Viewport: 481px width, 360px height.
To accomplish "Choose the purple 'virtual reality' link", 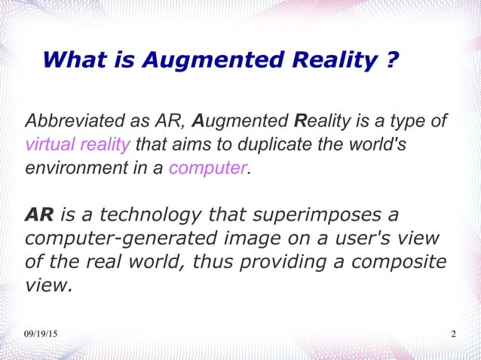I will coord(78,144).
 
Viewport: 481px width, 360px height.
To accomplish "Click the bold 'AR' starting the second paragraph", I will coord(39,215).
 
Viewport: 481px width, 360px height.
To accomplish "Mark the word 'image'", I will coord(244,239).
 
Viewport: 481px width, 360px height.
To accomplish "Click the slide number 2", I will coord(453,334).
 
